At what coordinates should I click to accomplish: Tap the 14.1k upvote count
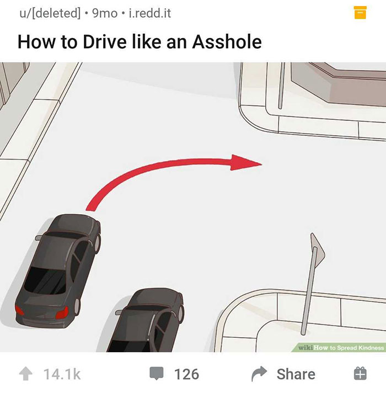62,374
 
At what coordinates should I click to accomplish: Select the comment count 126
186,374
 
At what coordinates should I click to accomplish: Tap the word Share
296,374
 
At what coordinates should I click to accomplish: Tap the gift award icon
359,374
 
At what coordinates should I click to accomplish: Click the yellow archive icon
360,13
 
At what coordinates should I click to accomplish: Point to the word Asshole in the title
227,41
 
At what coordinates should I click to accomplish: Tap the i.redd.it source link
149,13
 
